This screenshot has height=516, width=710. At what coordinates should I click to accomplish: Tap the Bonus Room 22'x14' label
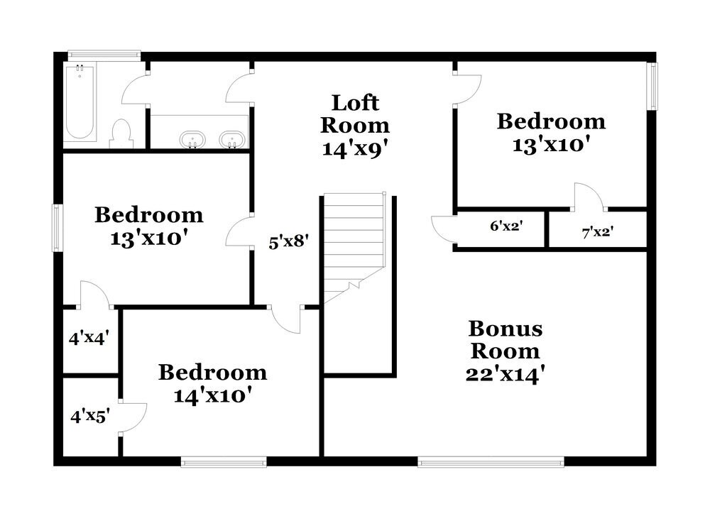point(505,351)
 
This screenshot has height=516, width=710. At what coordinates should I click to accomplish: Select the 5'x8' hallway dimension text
point(288,241)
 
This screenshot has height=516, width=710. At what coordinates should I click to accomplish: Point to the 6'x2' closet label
point(506,226)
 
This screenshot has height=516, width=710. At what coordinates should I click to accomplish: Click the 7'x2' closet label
point(597,231)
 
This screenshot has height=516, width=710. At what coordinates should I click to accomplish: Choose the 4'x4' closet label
point(88,338)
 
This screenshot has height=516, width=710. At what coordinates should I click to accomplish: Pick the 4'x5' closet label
point(89,415)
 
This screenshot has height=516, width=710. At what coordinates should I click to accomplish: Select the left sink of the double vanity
point(192,140)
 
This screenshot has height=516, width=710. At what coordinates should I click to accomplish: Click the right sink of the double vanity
point(231,140)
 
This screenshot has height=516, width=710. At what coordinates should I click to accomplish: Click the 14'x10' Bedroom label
point(212,383)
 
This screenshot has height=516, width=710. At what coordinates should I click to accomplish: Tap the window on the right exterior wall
point(652,86)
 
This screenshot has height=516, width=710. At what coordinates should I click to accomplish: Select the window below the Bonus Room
point(491,462)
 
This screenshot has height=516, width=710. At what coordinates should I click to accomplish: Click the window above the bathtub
point(104,53)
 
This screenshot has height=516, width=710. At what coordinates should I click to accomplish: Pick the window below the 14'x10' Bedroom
point(224,462)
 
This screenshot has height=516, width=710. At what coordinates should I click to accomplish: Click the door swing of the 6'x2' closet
point(442,229)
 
